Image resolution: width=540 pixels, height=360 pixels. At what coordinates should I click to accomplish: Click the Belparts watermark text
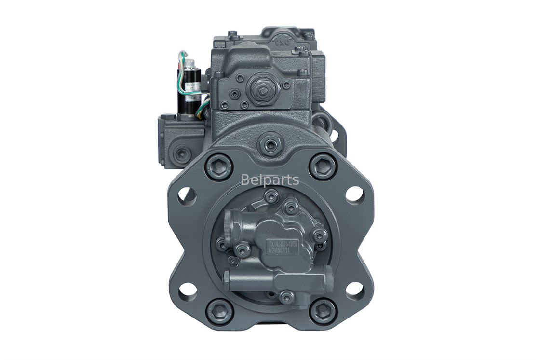pos(270,180)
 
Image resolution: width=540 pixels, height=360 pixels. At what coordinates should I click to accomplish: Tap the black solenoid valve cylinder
pos(189,92)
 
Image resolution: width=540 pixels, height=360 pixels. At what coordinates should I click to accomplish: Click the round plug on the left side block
pos(181,154)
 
